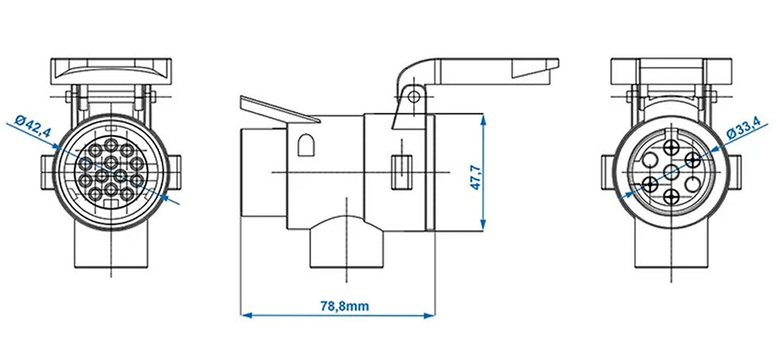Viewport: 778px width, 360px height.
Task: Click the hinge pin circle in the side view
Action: (415, 96)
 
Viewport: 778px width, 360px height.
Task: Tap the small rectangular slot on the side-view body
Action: (401, 170)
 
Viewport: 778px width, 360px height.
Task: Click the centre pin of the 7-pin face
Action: (669, 171)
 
